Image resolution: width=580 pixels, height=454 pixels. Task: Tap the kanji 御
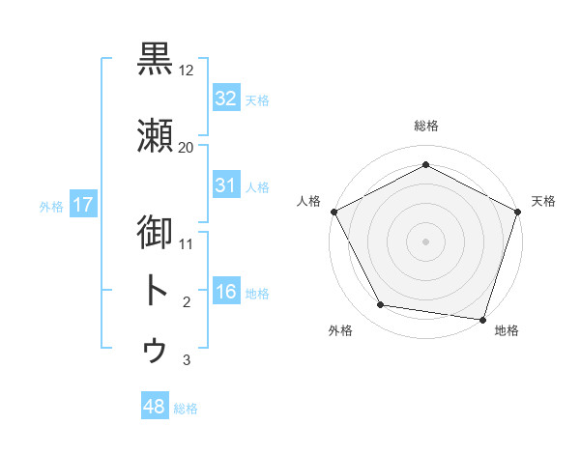tap(156, 233)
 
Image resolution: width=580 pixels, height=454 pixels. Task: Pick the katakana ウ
tap(156, 350)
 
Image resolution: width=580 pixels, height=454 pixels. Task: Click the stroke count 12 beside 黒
tap(187, 71)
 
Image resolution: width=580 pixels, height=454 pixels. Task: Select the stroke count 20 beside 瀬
tap(186, 148)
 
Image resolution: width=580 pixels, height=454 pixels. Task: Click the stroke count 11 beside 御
tap(187, 244)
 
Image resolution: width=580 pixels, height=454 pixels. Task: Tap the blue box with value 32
tap(225, 98)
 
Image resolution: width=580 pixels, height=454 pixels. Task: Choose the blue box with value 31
tap(225, 184)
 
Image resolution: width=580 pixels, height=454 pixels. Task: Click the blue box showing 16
tap(225, 292)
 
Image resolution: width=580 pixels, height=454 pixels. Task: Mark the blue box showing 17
tap(82, 205)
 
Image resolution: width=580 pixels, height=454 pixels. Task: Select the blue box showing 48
tap(154, 407)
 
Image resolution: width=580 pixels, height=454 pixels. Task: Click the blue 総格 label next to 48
tap(186, 409)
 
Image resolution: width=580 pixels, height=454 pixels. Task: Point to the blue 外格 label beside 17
tap(51, 207)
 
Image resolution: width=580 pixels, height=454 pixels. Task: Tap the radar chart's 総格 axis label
tap(425, 127)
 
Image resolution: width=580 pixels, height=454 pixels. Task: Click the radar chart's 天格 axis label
tap(543, 201)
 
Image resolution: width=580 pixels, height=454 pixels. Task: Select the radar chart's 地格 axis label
tap(507, 331)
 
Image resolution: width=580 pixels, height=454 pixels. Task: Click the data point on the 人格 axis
tap(333, 212)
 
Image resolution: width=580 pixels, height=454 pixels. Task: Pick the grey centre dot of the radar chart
tap(425, 241)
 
